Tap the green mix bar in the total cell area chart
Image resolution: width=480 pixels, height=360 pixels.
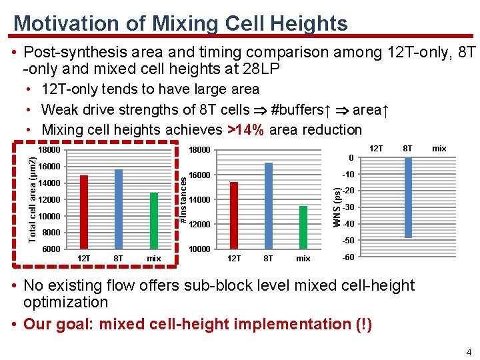point(154,221)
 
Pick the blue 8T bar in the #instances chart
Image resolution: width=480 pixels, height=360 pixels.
point(268,205)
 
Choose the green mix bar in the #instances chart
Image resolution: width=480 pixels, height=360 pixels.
point(303,227)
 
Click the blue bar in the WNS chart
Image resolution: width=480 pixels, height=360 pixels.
point(408,197)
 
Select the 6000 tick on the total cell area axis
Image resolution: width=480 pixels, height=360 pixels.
point(51,249)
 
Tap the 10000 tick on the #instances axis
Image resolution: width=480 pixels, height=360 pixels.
point(199,249)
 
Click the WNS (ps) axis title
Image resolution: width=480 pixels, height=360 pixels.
point(338,206)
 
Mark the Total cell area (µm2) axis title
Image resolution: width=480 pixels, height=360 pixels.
point(32,199)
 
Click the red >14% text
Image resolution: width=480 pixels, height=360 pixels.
point(247,130)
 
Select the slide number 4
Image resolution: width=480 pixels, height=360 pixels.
point(469,352)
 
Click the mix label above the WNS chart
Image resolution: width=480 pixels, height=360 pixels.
point(439,148)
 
